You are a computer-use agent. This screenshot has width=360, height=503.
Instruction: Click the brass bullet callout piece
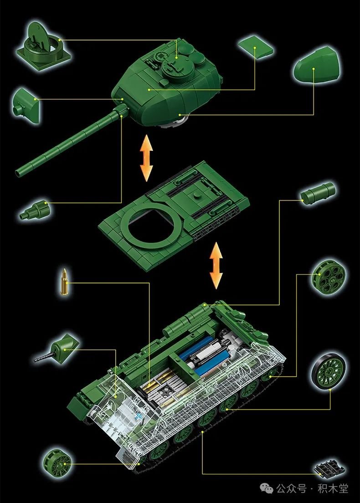(x=65, y=282)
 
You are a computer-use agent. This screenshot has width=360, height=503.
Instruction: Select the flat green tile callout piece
(x=256, y=47)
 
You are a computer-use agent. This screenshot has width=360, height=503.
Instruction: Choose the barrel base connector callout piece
(x=36, y=210)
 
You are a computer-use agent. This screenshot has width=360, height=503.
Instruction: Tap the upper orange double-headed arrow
(x=147, y=158)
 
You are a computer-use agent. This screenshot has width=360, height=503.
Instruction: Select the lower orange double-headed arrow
(x=216, y=265)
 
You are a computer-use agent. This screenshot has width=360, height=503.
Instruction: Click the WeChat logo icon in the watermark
(x=267, y=488)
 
